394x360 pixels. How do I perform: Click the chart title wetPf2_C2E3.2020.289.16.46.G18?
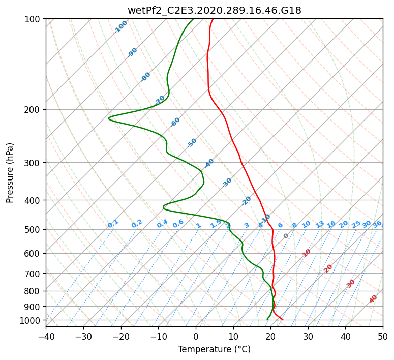[x=214, y=10]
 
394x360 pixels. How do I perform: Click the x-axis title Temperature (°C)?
[x=214, y=349]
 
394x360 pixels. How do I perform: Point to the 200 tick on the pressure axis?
[x=35, y=110]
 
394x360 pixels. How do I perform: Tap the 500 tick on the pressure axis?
[x=35, y=229]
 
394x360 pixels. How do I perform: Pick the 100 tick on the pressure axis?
[x=35, y=19]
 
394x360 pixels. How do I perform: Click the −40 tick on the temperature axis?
[x=46, y=336]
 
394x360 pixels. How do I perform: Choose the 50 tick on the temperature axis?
[x=383, y=336]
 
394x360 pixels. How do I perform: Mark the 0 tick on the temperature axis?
[x=196, y=336]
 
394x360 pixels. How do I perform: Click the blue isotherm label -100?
[x=120, y=27]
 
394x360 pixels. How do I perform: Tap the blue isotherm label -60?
[x=175, y=122]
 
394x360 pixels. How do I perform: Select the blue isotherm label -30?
[x=227, y=182]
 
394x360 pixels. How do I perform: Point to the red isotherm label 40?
[x=373, y=299]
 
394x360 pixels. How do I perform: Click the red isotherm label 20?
[x=328, y=268]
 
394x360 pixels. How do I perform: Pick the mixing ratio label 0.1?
[x=113, y=223]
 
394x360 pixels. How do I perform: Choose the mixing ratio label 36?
[x=377, y=224]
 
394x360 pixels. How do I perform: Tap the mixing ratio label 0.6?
[x=178, y=224]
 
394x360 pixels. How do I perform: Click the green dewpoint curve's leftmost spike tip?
[x=109, y=119]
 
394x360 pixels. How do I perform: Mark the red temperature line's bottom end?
[x=283, y=319]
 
